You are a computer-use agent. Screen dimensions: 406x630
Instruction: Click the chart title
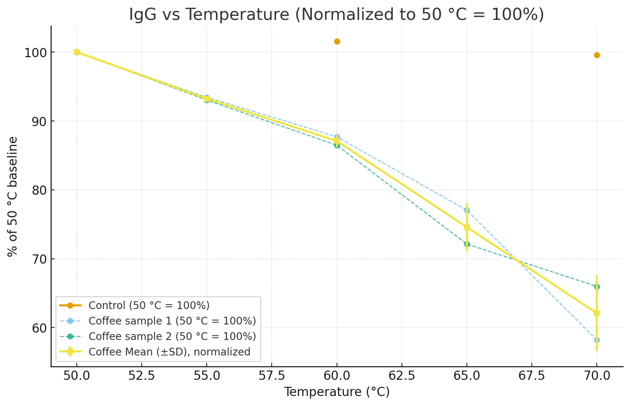click(336, 15)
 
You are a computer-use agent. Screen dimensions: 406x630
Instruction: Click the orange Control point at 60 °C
click(337, 41)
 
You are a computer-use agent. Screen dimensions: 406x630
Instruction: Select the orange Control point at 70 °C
click(597, 55)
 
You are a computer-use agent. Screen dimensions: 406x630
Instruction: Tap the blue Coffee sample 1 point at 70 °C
click(597, 340)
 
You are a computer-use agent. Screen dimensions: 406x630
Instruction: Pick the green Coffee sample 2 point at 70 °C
click(597, 286)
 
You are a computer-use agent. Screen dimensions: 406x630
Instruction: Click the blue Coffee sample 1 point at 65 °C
click(467, 210)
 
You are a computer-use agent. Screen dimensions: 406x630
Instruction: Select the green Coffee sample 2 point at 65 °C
click(467, 244)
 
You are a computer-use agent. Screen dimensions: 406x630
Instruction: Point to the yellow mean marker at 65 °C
click(467, 227)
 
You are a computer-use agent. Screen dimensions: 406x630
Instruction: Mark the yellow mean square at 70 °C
click(597, 313)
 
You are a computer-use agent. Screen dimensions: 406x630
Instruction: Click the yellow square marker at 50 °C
click(77, 52)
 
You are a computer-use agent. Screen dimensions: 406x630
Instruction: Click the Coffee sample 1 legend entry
click(172, 321)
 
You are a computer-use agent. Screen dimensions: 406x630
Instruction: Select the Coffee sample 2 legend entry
click(172, 337)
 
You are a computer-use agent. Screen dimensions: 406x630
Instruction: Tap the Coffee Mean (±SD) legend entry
click(169, 352)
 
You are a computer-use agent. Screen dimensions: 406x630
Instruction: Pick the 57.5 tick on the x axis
click(272, 376)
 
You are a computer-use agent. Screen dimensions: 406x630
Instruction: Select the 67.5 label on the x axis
click(531, 376)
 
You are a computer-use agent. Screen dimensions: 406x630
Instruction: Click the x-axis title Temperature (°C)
click(337, 392)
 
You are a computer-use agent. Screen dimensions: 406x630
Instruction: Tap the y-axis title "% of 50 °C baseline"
click(13, 196)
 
